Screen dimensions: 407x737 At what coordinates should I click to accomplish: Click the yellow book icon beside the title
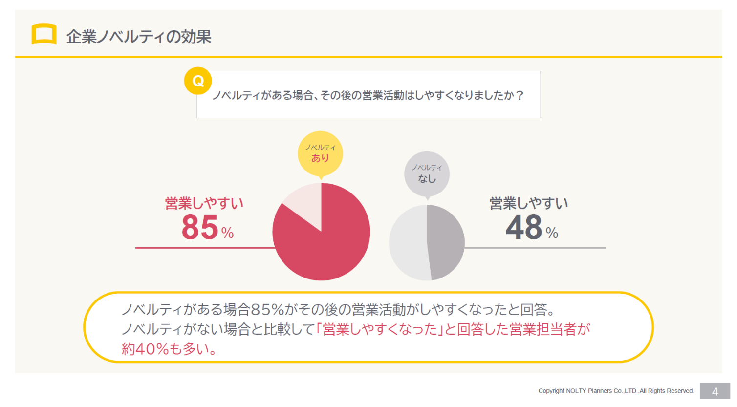[44, 34]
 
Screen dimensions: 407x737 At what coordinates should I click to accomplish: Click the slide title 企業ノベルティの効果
[139, 37]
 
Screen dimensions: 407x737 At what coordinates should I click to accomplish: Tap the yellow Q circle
[198, 81]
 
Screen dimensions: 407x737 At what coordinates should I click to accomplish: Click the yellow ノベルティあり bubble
[320, 153]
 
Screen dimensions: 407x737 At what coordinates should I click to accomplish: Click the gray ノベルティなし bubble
[427, 174]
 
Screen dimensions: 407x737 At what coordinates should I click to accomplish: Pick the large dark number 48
[524, 228]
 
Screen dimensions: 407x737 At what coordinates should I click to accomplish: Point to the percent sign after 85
[227, 233]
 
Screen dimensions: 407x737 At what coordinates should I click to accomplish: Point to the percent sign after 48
[552, 233]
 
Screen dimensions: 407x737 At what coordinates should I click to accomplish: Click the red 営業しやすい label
[204, 203]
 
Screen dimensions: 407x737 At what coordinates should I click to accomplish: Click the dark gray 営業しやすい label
[529, 203]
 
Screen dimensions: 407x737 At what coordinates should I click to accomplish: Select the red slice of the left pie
[327, 244]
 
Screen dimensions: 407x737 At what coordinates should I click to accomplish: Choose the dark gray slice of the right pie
[445, 239]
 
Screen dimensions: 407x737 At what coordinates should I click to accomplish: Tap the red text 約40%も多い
[169, 349]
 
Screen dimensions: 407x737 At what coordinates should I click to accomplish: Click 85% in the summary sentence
[267, 310]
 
